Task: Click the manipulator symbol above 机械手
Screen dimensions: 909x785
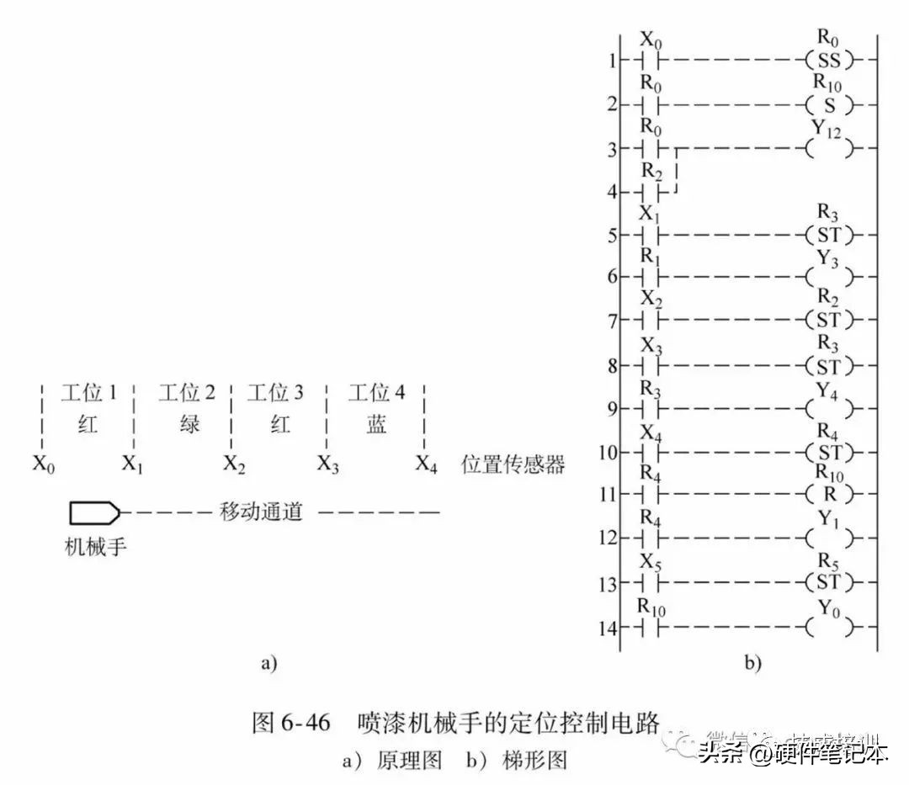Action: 94,512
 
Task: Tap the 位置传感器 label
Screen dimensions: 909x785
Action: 513,464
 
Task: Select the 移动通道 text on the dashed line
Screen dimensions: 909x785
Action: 261,512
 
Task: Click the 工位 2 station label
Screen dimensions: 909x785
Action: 187,393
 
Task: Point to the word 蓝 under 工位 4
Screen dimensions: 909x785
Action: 376,424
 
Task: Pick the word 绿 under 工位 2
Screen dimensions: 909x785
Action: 189,424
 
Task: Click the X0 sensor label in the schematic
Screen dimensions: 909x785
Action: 45,464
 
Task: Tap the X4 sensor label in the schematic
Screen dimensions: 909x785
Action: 427,464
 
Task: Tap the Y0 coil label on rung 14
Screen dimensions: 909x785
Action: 829,608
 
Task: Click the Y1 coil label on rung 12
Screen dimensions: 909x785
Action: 829,519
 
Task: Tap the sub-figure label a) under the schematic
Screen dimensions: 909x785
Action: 268,663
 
